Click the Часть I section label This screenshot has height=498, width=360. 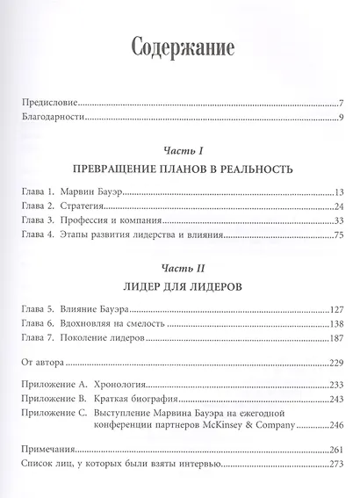pyautogui.click(x=178, y=151)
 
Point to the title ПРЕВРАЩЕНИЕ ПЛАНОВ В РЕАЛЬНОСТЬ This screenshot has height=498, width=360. pyautogui.click(x=179, y=169)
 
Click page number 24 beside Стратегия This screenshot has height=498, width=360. pyautogui.click(x=335, y=206)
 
